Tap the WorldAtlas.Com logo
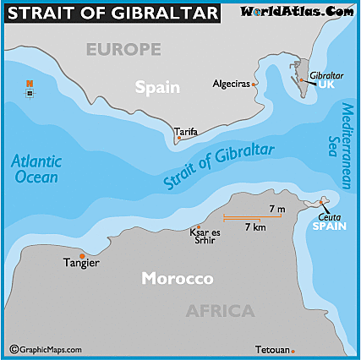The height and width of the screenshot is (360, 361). (x=298, y=12)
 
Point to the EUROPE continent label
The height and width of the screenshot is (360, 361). (x=123, y=50)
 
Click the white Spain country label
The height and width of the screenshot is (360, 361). (x=158, y=86)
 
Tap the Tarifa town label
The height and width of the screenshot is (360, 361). (x=186, y=132)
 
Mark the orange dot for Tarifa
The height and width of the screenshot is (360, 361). (x=178, y=139)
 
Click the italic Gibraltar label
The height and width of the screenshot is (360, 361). (x=326, y=75)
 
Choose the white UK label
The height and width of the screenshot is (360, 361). (x=326, y=86)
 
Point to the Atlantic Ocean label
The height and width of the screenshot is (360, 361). (x=36, y=169)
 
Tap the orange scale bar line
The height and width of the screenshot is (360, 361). (x=253, y=217)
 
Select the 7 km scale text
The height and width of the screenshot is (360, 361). (x=255, y=227)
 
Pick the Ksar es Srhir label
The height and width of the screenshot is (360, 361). (x=205, y=236)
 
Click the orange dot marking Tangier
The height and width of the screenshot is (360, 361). (x=82, y=255)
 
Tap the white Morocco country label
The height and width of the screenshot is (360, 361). (x=177, y=279)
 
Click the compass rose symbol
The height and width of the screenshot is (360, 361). (x=30, y=86)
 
